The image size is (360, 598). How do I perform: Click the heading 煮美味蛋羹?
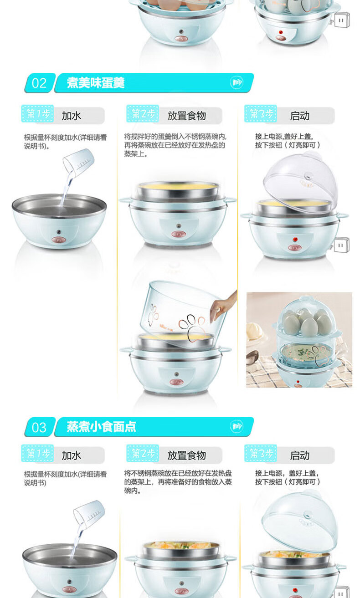tap(96, 83)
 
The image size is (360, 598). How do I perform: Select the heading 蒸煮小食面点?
tap(101, 427)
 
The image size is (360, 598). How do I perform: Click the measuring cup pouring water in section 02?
tap(78, 163)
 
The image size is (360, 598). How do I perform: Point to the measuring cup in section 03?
tap(89, 515)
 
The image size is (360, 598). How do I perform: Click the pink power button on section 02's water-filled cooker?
tap(59, 240)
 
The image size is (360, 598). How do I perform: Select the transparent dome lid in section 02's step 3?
tap(300, 182)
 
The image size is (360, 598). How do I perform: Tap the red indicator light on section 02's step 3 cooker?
tap(295, 239)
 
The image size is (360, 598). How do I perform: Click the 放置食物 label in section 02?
tap(187, 116)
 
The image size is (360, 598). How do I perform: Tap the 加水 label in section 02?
tap(71, 116)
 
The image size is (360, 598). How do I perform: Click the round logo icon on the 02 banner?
tap(237, 82)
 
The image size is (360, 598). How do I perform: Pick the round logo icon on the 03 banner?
tap(237, 426)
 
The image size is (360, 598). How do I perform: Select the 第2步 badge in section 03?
tap(143, 453)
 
